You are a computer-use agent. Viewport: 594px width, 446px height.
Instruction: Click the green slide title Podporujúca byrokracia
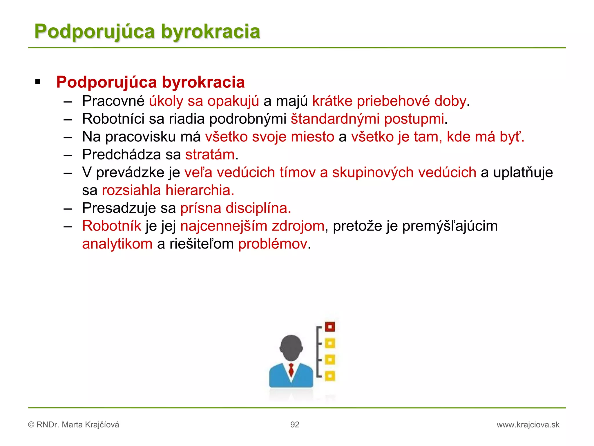click(147, 31)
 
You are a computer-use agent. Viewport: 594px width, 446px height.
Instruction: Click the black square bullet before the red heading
click(38, 82)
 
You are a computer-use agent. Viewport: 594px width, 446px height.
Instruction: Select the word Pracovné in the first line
click(113, 101)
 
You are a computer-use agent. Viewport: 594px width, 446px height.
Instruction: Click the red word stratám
click(210, 155)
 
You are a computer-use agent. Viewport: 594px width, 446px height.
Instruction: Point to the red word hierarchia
click(200, 190)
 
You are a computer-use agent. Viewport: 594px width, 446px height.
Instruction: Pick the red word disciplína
click(258, 208)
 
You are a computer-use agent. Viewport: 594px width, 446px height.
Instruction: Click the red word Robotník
click(111, 226)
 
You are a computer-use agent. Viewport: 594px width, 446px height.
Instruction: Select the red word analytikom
click(117, 244)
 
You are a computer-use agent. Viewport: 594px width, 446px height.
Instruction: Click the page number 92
click(295, 425)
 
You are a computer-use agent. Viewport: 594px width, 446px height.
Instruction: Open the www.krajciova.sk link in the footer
click(528, 425)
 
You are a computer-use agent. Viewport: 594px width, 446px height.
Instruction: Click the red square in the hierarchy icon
click(330, 327)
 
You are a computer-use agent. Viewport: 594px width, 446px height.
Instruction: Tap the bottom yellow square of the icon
click(330, 376)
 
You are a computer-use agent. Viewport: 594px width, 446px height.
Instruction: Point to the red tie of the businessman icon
click(291, 370)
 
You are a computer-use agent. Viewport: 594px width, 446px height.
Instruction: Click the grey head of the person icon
click(291, 347)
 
